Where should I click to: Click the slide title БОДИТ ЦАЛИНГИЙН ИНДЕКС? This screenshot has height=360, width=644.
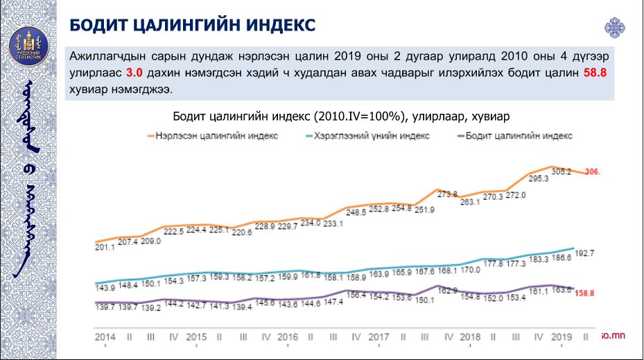click(192, 25)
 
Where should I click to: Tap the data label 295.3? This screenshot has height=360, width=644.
click(537, 178)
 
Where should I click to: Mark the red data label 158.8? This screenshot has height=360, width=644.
click(585, 293)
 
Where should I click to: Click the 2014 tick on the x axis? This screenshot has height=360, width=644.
click(105, 336)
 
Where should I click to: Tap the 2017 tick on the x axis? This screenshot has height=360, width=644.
click(378, 336)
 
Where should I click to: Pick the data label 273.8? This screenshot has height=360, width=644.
click(446, 194)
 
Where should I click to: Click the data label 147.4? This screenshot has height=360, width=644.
click(333, 302)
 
